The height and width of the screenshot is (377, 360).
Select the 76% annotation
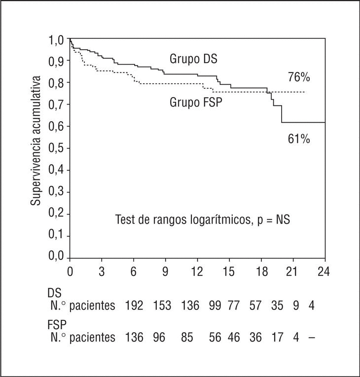(299, 78)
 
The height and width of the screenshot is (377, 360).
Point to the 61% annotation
(299, 139)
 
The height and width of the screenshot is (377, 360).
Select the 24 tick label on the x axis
(324, 272)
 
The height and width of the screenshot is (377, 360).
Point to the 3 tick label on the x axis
(102, 272)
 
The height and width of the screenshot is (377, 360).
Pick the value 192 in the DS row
(134, 306)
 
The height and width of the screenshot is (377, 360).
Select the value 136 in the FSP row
(134, 338)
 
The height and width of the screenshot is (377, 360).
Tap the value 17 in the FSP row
(277, 338)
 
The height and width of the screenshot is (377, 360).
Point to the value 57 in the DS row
(255, 306)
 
